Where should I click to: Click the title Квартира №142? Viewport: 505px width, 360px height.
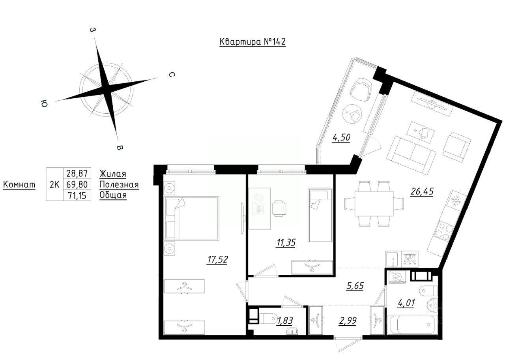coord(252,42)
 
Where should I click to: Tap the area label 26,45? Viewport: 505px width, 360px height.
coord(422,191)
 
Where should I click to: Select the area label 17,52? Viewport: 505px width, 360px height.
coord(217,260)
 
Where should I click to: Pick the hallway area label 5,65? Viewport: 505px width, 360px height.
coord(355,286)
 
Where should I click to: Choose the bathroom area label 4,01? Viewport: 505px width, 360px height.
coord(406,303)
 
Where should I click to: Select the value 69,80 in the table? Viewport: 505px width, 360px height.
coord(77,184)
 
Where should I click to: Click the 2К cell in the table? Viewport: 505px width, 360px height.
coord(54,184)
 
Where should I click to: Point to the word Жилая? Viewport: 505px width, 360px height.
coord(113,174)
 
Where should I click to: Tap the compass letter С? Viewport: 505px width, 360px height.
coord(172,75)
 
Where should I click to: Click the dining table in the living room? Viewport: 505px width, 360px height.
coord(374,203)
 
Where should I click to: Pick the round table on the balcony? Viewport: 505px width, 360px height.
coord(352,113)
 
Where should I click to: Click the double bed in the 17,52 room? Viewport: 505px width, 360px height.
coord(192,218)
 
